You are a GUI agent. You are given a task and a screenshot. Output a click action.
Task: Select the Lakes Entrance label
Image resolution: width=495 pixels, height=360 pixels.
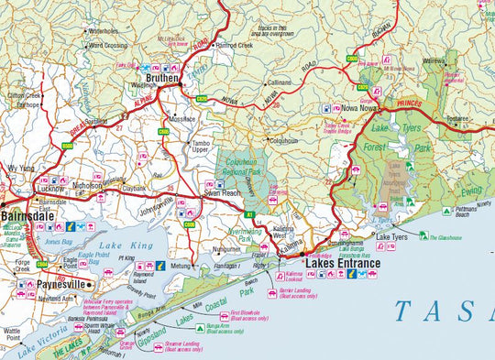click(x=342, y=264)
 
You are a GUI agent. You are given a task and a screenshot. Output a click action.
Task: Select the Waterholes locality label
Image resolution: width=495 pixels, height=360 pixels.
click(x=103, y=30)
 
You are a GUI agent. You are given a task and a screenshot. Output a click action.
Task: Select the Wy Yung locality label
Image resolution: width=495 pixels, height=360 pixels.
click(x=20, y=169)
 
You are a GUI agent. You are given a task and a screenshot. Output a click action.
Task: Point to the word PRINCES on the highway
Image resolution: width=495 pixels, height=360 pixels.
click(x=411, y=104)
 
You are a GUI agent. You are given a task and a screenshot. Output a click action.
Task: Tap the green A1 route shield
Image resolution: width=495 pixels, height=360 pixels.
click(x=248, y=214)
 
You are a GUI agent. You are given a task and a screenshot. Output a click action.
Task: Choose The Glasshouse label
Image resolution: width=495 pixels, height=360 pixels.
click(x=443, y=236)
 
